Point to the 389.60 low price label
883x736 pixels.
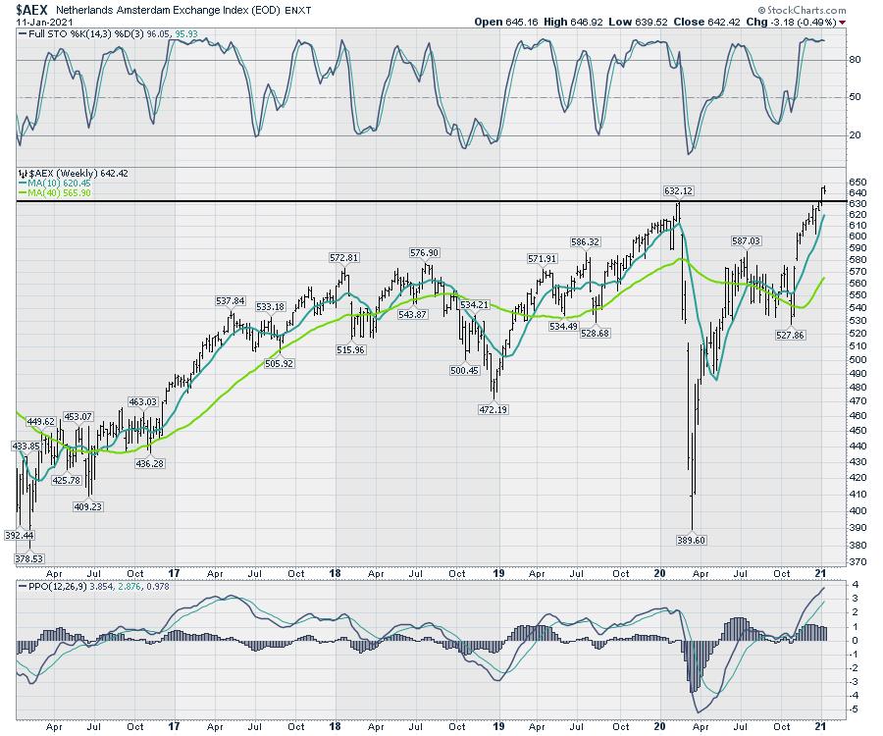pyautogui.click(x=693, y=540)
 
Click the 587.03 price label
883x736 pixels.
pyautogui.click(x=745, y=240)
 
